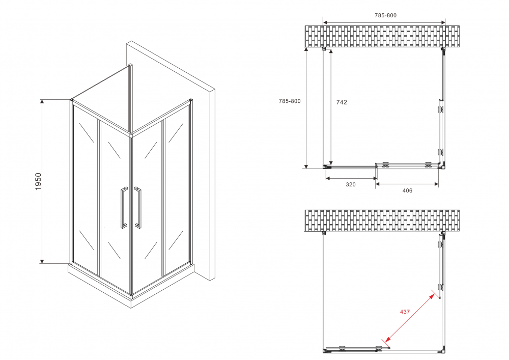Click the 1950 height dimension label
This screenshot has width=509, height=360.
(x=38, y=182)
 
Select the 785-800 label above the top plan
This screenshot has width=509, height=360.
(x=385, y=15)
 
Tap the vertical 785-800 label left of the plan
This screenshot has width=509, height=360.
(x=290, y=101)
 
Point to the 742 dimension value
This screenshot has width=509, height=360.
(x=342, y=102)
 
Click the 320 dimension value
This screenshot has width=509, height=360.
(x=351, y=185)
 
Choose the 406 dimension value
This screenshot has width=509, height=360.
(x=407, y=191)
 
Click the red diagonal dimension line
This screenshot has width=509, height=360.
(x=411, y=317)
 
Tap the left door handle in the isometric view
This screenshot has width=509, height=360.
(x=123, y=208)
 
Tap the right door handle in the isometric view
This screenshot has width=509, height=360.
(x=138, y=208)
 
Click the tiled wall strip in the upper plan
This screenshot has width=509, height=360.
(x=382, y=36)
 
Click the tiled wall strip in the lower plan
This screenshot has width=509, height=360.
(x=382, y=220)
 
